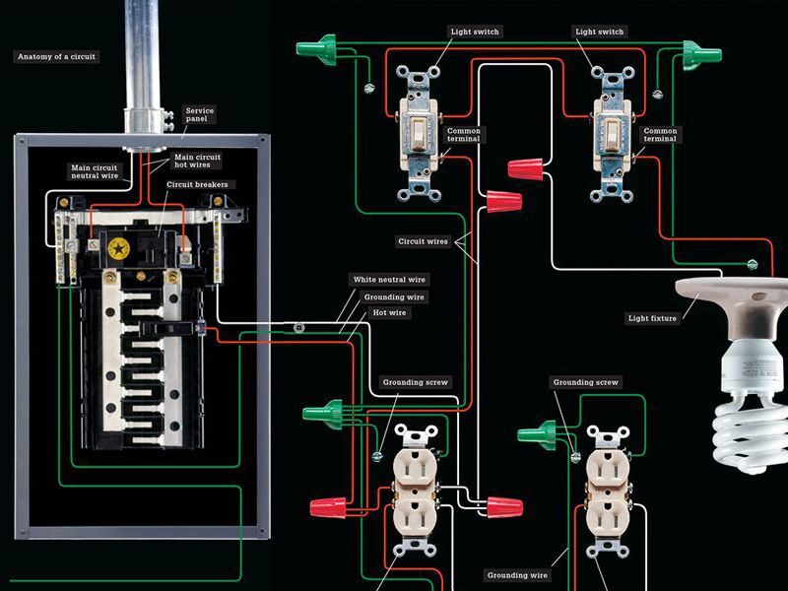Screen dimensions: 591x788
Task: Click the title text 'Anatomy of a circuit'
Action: (x=55, y=57)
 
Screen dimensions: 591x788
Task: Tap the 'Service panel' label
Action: (x=200, y=116)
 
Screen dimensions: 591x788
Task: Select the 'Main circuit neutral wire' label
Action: (x=94, y=172)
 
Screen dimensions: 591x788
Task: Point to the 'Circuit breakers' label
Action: (x=200, y=183)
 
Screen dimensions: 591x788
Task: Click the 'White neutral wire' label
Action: (x=390, y=280)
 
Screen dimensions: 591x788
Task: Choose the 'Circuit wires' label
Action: (x=424, y=240)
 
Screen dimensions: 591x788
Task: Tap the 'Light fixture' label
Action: (x=652, y=318)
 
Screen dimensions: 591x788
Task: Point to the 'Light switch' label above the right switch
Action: (x=600, y=33)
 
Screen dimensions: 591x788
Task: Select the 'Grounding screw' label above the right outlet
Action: (x=585, y=382)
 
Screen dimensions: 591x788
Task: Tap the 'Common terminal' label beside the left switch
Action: (x=464, y=135)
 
